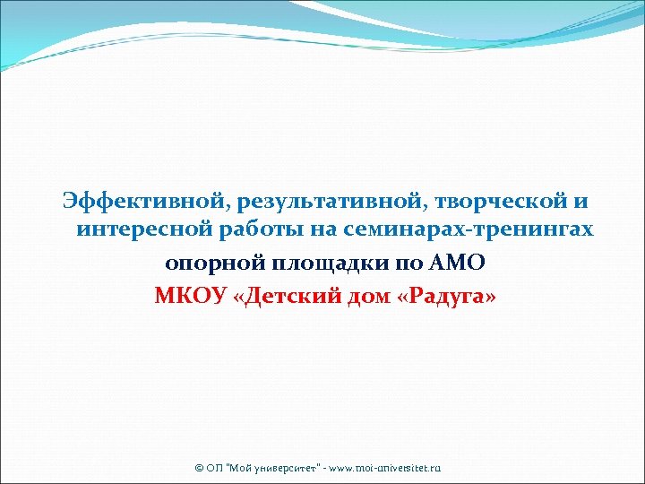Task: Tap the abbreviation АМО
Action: point(462,264)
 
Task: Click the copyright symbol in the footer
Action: point(199,469)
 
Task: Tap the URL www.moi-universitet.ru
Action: point(387,469)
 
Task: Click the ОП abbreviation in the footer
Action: point(213,469)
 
